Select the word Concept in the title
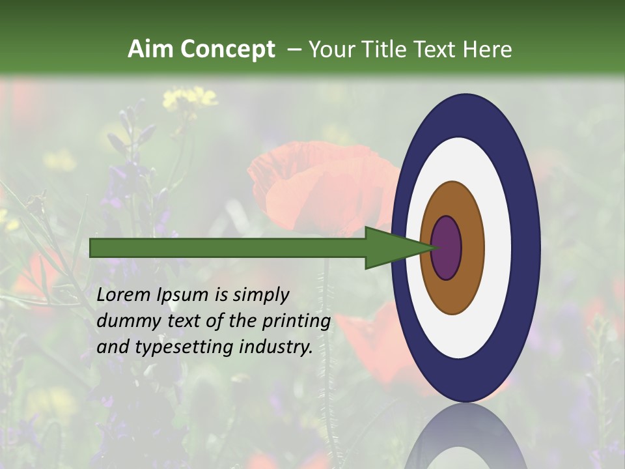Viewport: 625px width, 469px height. coord(227,49)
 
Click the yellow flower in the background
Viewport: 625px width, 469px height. coord(189,98)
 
